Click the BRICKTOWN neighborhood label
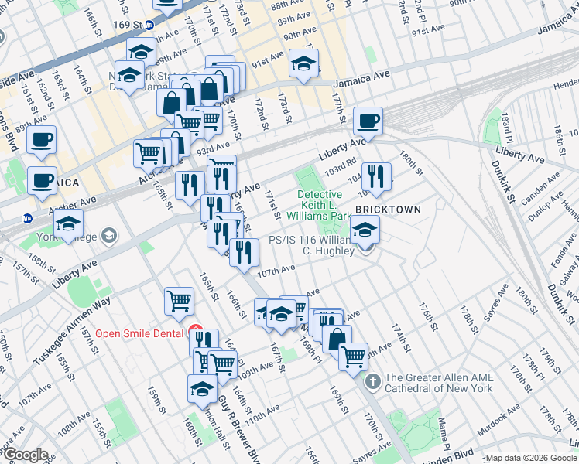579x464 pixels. click(x=388, y=210)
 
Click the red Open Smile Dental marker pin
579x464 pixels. click(x=195, y=332)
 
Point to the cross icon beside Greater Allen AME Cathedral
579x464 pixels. click(x=372, y=381)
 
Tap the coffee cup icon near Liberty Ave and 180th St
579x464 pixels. click(x=368, y=121)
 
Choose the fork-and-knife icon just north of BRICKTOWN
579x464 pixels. click(x=375, y=176)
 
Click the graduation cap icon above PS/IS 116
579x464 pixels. click(x=365, y=229)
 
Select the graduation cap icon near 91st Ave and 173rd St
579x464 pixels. click(x=303, y=63)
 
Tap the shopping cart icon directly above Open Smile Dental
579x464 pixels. click(x=179, y=300)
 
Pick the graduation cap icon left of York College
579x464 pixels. click(x=69, y=224)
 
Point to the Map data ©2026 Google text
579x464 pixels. click(x=531, y=458)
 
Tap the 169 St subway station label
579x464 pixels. click(x=134, y=24)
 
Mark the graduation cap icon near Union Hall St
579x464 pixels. click(x=202, y=389)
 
